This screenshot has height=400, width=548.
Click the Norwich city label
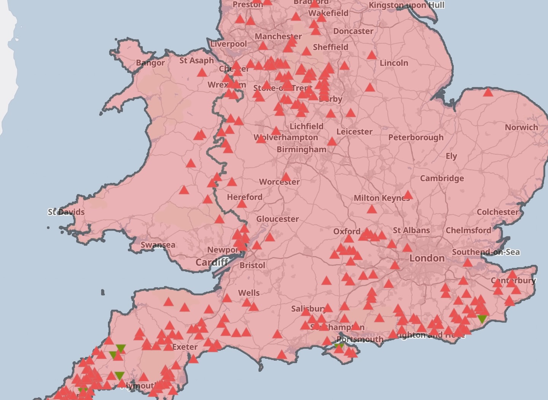521,127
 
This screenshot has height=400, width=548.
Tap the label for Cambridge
442,178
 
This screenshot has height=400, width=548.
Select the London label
427,259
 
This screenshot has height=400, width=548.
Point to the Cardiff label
212,262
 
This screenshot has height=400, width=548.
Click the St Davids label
66,212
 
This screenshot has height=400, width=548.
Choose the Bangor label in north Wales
150,63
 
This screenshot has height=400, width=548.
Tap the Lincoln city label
393,63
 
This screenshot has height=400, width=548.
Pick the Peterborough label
416,138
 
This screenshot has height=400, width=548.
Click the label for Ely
451,156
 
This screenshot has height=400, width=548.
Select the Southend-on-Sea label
486,252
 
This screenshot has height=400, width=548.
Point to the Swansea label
158,245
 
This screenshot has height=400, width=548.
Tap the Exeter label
185,347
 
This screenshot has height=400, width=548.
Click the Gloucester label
277,219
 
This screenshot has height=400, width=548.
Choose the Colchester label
497,212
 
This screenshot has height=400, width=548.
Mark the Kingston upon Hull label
406,5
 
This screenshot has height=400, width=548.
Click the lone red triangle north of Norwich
488,92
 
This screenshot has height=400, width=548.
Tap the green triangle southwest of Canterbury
482,319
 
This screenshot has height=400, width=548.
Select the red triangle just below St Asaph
202,73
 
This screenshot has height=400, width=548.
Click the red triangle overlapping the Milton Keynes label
408,195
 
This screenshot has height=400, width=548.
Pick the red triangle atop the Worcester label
286,177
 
